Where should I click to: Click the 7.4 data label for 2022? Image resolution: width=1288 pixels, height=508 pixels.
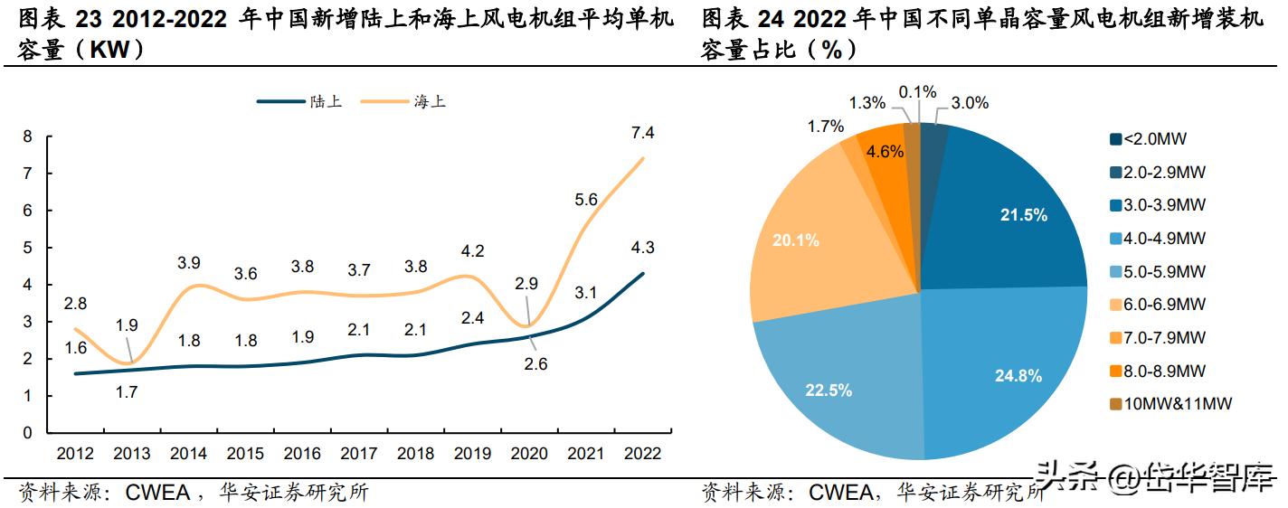[643, 133]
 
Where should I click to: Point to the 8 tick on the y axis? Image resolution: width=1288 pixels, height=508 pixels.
[27, 136]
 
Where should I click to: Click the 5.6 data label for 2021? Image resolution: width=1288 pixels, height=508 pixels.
[586, 200]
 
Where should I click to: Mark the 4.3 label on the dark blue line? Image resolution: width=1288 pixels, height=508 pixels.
[643, 247]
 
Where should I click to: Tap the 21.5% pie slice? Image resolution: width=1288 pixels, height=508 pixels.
[1023, 214]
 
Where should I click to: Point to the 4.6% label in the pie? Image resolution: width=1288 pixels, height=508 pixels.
[884, 151]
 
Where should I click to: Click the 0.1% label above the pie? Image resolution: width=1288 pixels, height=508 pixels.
[917, 92]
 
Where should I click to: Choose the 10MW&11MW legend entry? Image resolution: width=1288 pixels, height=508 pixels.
[1170, 404]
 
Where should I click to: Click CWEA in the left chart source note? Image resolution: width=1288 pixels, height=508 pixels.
[158, 493]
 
